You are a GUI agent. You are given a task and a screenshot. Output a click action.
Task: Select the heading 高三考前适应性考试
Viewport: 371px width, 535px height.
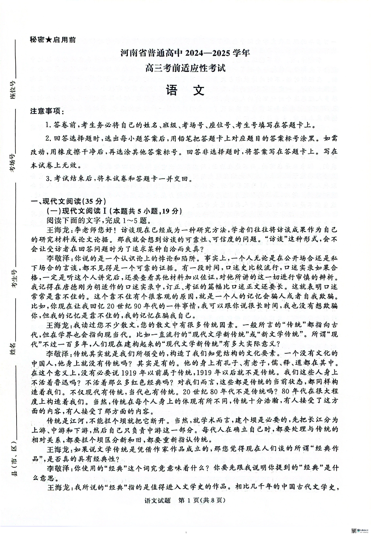(x=185, y=69)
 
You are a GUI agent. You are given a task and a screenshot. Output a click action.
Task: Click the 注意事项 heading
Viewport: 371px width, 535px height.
(x=47, y=111)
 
